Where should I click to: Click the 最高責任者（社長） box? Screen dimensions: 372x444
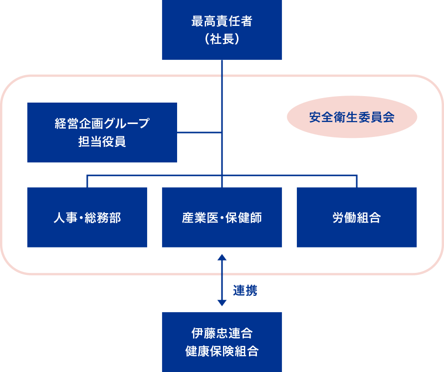[222, 30]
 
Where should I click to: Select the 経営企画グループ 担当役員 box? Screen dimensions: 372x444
[102, 132]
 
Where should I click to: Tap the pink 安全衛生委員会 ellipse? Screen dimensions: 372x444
[352, 118]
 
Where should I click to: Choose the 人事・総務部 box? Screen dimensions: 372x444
[87, 218]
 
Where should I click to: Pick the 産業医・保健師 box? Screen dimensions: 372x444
[222, 218]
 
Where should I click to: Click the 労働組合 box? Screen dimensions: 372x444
[357, 218]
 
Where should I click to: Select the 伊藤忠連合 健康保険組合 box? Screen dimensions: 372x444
[222, 342]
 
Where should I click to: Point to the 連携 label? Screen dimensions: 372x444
[245, 290]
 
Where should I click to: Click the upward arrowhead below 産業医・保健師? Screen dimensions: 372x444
[222, 257]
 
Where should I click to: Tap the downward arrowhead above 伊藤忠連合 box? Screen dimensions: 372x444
[222, 302]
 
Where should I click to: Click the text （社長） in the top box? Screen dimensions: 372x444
[222, 39]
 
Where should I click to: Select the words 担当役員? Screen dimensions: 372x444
[102, 142]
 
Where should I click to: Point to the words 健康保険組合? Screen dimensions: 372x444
[222, 351]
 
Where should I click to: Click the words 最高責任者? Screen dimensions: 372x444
[222, 21]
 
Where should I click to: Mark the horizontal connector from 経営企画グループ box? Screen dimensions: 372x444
[199, 132]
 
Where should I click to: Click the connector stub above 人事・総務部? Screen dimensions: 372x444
[87, 181]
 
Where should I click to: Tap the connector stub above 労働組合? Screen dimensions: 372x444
[357, 181]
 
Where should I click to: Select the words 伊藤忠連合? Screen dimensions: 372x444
[222, 332]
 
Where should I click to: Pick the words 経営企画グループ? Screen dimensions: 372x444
[102, 124]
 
